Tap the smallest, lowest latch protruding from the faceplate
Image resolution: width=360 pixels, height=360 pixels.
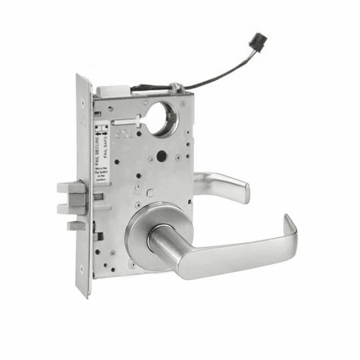coord(75,226)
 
